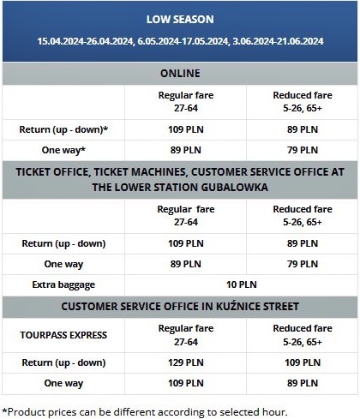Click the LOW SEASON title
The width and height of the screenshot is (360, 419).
tap(180, 18)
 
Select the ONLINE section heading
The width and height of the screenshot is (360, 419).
tap(180, 74)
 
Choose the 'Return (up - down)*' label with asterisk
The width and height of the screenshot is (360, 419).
tap(64, 129)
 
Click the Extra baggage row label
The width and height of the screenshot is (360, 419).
tap(64, 284)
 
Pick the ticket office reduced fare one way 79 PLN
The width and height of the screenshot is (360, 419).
tap(303, 263)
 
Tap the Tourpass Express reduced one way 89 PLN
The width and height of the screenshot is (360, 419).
tap(303, 383)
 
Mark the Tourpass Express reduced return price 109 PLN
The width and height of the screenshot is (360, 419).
tap(303, 362)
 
